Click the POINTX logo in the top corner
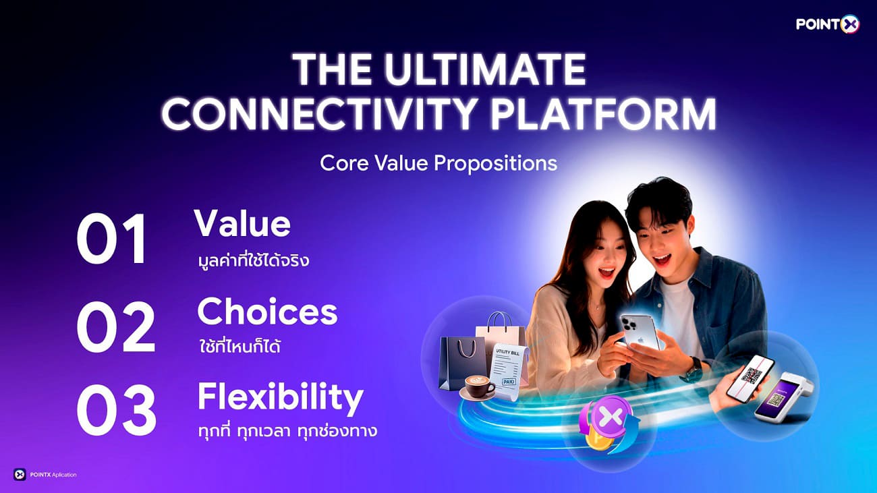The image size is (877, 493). tap(827, 24)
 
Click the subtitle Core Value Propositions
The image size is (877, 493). tap(438, 163)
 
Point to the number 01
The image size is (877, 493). tap(112, 239)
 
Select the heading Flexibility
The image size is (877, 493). tap(280, 398)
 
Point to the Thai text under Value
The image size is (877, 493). tap(251, 259)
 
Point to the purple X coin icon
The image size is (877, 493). tap(609, 419)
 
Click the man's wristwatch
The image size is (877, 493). tap(693, 369)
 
